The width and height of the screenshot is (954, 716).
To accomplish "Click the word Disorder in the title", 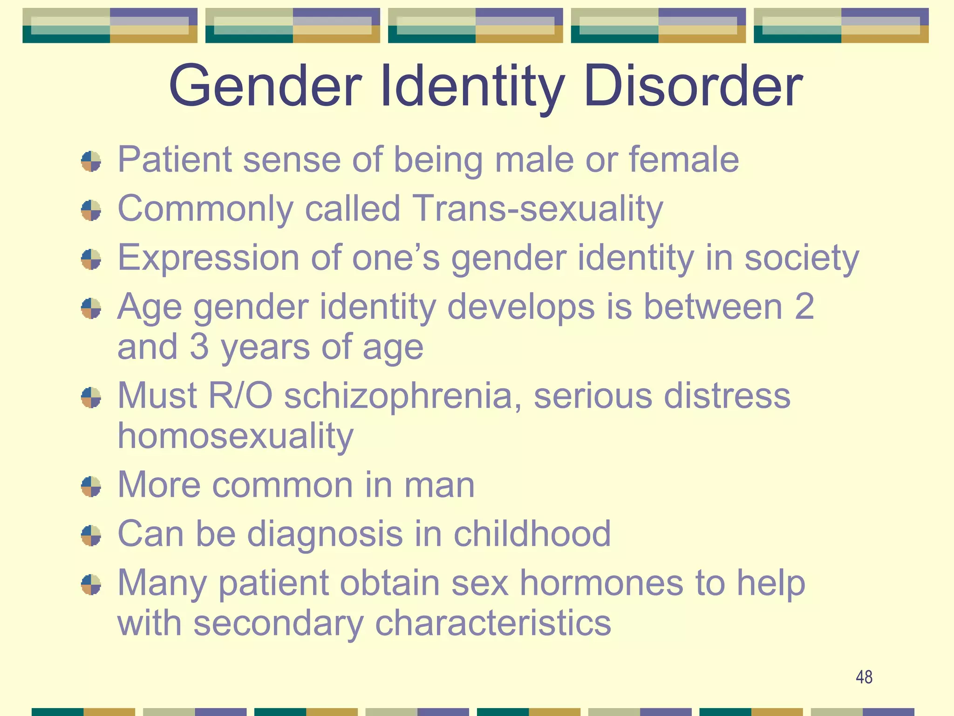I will click(x=693, y=87).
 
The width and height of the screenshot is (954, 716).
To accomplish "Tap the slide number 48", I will click(x=864, y=677).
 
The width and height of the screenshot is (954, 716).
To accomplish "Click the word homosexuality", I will click(x=235, y=436).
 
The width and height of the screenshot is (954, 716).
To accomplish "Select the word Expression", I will click(x=208, y=258).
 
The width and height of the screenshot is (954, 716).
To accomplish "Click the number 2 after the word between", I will click(x=804, y=307).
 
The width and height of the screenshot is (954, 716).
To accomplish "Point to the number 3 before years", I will click(x=199, y=347).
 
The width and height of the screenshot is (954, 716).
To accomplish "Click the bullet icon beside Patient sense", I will click(x=91, y=161).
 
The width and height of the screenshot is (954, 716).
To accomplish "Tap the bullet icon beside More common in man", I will click(x=91, y=487).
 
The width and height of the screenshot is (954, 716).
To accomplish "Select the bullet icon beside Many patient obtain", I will click(x=91, y=585).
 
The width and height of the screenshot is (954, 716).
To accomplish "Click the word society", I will click(x=801, y=258).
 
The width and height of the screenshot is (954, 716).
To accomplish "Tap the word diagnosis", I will click(x=324, y=534).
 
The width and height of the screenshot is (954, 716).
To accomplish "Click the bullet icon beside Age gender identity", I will click(x=91, y=309).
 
